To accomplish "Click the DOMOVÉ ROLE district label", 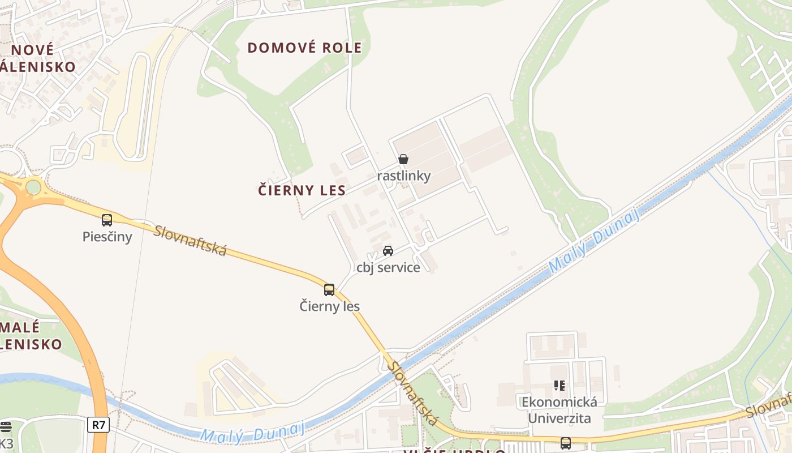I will [304, 48].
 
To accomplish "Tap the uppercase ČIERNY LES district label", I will [302, 190].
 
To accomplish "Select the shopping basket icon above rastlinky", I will [403, 160].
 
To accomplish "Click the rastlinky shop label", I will [404, 176].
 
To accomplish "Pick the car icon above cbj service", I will [388, 251].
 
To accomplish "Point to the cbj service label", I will [388, 267].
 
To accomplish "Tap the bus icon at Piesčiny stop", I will [107, 220].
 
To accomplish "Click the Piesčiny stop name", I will [107, 236].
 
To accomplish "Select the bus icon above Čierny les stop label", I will [329, 290].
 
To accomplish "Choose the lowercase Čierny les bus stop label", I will [329, 306].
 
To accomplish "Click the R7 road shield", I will [98, 425].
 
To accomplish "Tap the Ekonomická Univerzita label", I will [559, 410].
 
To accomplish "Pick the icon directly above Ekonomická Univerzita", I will [559, 386].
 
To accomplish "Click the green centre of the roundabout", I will [33, 187].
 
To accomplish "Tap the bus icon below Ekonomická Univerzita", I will [565, 443].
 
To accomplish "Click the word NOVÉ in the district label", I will [32, 50].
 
